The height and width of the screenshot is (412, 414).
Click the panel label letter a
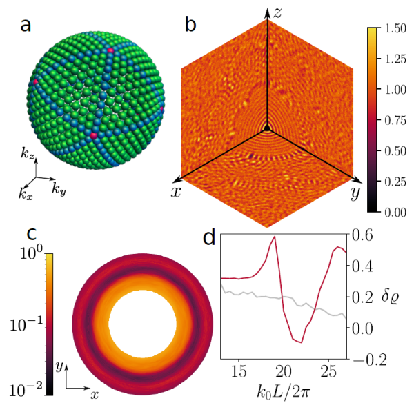(x=26, y=26)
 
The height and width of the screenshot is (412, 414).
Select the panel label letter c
(x=26, y=239)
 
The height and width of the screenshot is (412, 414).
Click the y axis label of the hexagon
(x=355, y=193)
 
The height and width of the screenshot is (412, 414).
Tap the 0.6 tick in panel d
(x=363, y=235)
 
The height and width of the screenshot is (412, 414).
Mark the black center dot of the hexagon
(x=266, y=128)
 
